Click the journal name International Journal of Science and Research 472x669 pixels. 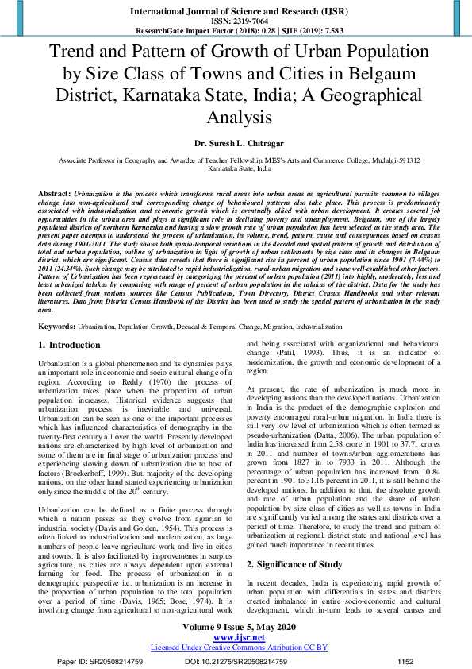click(x=236, y=11)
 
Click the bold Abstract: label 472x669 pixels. click(x=56, y=194)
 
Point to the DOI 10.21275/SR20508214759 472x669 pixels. click(x=228, y=660)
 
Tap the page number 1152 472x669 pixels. click(x=405, y=660)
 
